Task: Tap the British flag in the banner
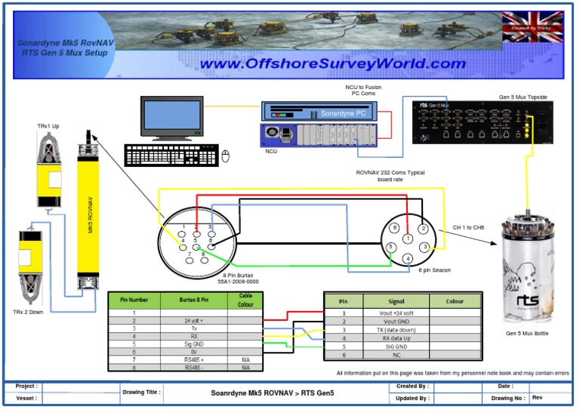click(x=532, y=27)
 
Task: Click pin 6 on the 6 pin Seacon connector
click(x=393, y=227)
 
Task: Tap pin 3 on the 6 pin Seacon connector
click(x=425, y=247)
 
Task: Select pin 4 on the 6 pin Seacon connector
click(x=408, y=258)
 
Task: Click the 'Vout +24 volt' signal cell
click(x=396, y=313)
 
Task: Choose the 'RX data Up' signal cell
click(x=396, y=338)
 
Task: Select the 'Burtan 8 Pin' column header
click(x=193, y=301)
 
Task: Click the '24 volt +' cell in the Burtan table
click(x=193, y=320)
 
